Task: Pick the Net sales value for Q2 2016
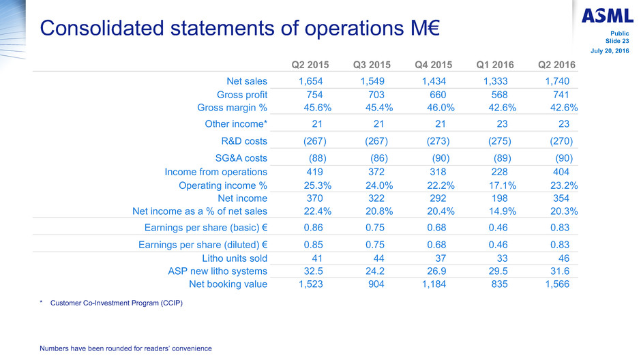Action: [559, 81]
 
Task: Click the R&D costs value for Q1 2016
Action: [498, 141]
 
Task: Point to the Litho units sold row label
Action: [235, 258]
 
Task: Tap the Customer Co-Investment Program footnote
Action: [117, 302]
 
